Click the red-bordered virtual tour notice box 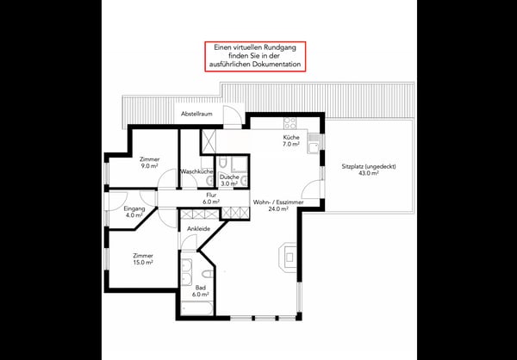(x=255, y=56)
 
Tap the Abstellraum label (x=196, y=114)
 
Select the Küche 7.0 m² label (x=291, y=140)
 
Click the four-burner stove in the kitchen (x=290, y=123)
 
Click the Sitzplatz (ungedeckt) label (x=369, y=170)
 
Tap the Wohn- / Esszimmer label (x=278, y=205)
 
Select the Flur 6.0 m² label (x=211, y=198)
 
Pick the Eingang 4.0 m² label (x=134, y=212)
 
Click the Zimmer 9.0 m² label (x=149, y=163)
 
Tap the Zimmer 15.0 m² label (x=143, y=259)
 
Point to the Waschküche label (x=196, y=171)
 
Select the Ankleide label (x=198, y=229)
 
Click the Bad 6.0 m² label (x=200, y=290)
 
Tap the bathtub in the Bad (x=197, y=308)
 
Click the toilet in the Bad (x=208, y=274)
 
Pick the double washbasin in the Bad (x=187, y=272)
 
